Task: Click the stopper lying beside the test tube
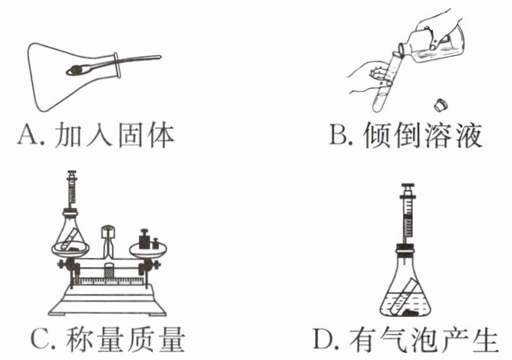[x=440, y=103]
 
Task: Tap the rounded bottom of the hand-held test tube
[x=380, y=104]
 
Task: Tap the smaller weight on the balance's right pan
[x=156, y=243]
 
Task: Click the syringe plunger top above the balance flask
[x=73, y=173]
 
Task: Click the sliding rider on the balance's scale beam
[x=109, y=272]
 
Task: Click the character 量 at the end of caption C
[x=167, y=339]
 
